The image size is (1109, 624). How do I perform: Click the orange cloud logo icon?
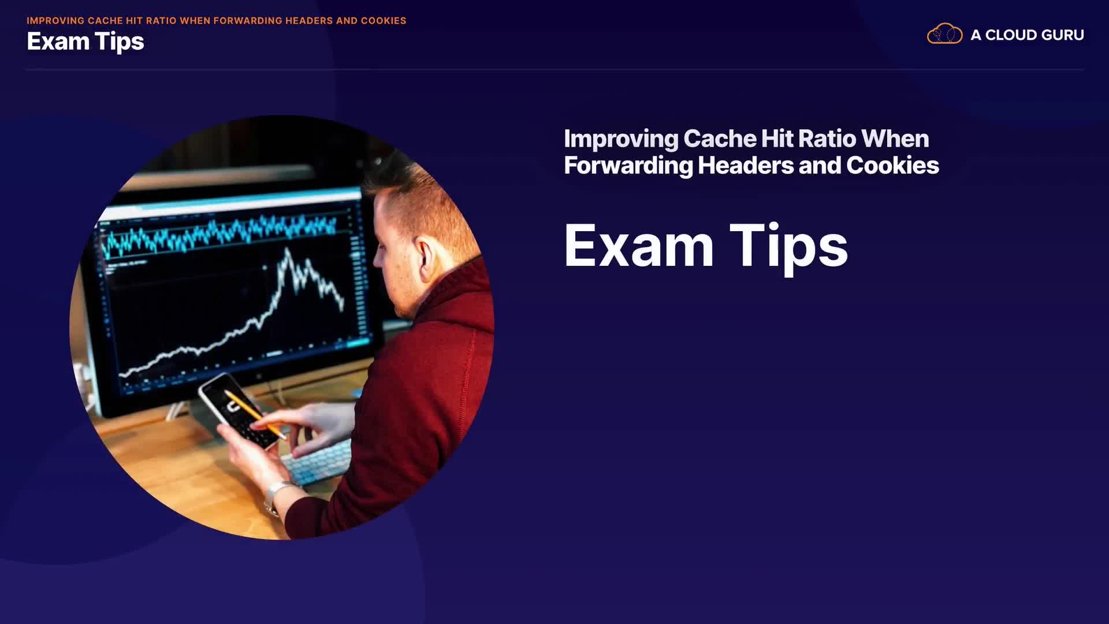click(x=944, y=34)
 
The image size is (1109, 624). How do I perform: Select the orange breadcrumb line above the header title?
click(x=217, y=21)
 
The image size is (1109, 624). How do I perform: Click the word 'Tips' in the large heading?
click(x=788, y=247)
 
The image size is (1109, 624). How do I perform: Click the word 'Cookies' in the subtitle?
click(x=892, y=166)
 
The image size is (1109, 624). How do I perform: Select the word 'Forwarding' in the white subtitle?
click(x=628, y=166)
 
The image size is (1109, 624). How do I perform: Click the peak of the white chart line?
click(x=287, y=250)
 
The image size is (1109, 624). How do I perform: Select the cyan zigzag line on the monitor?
click(x=219, y=233)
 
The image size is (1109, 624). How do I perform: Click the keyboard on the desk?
click(x=317, y=461)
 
